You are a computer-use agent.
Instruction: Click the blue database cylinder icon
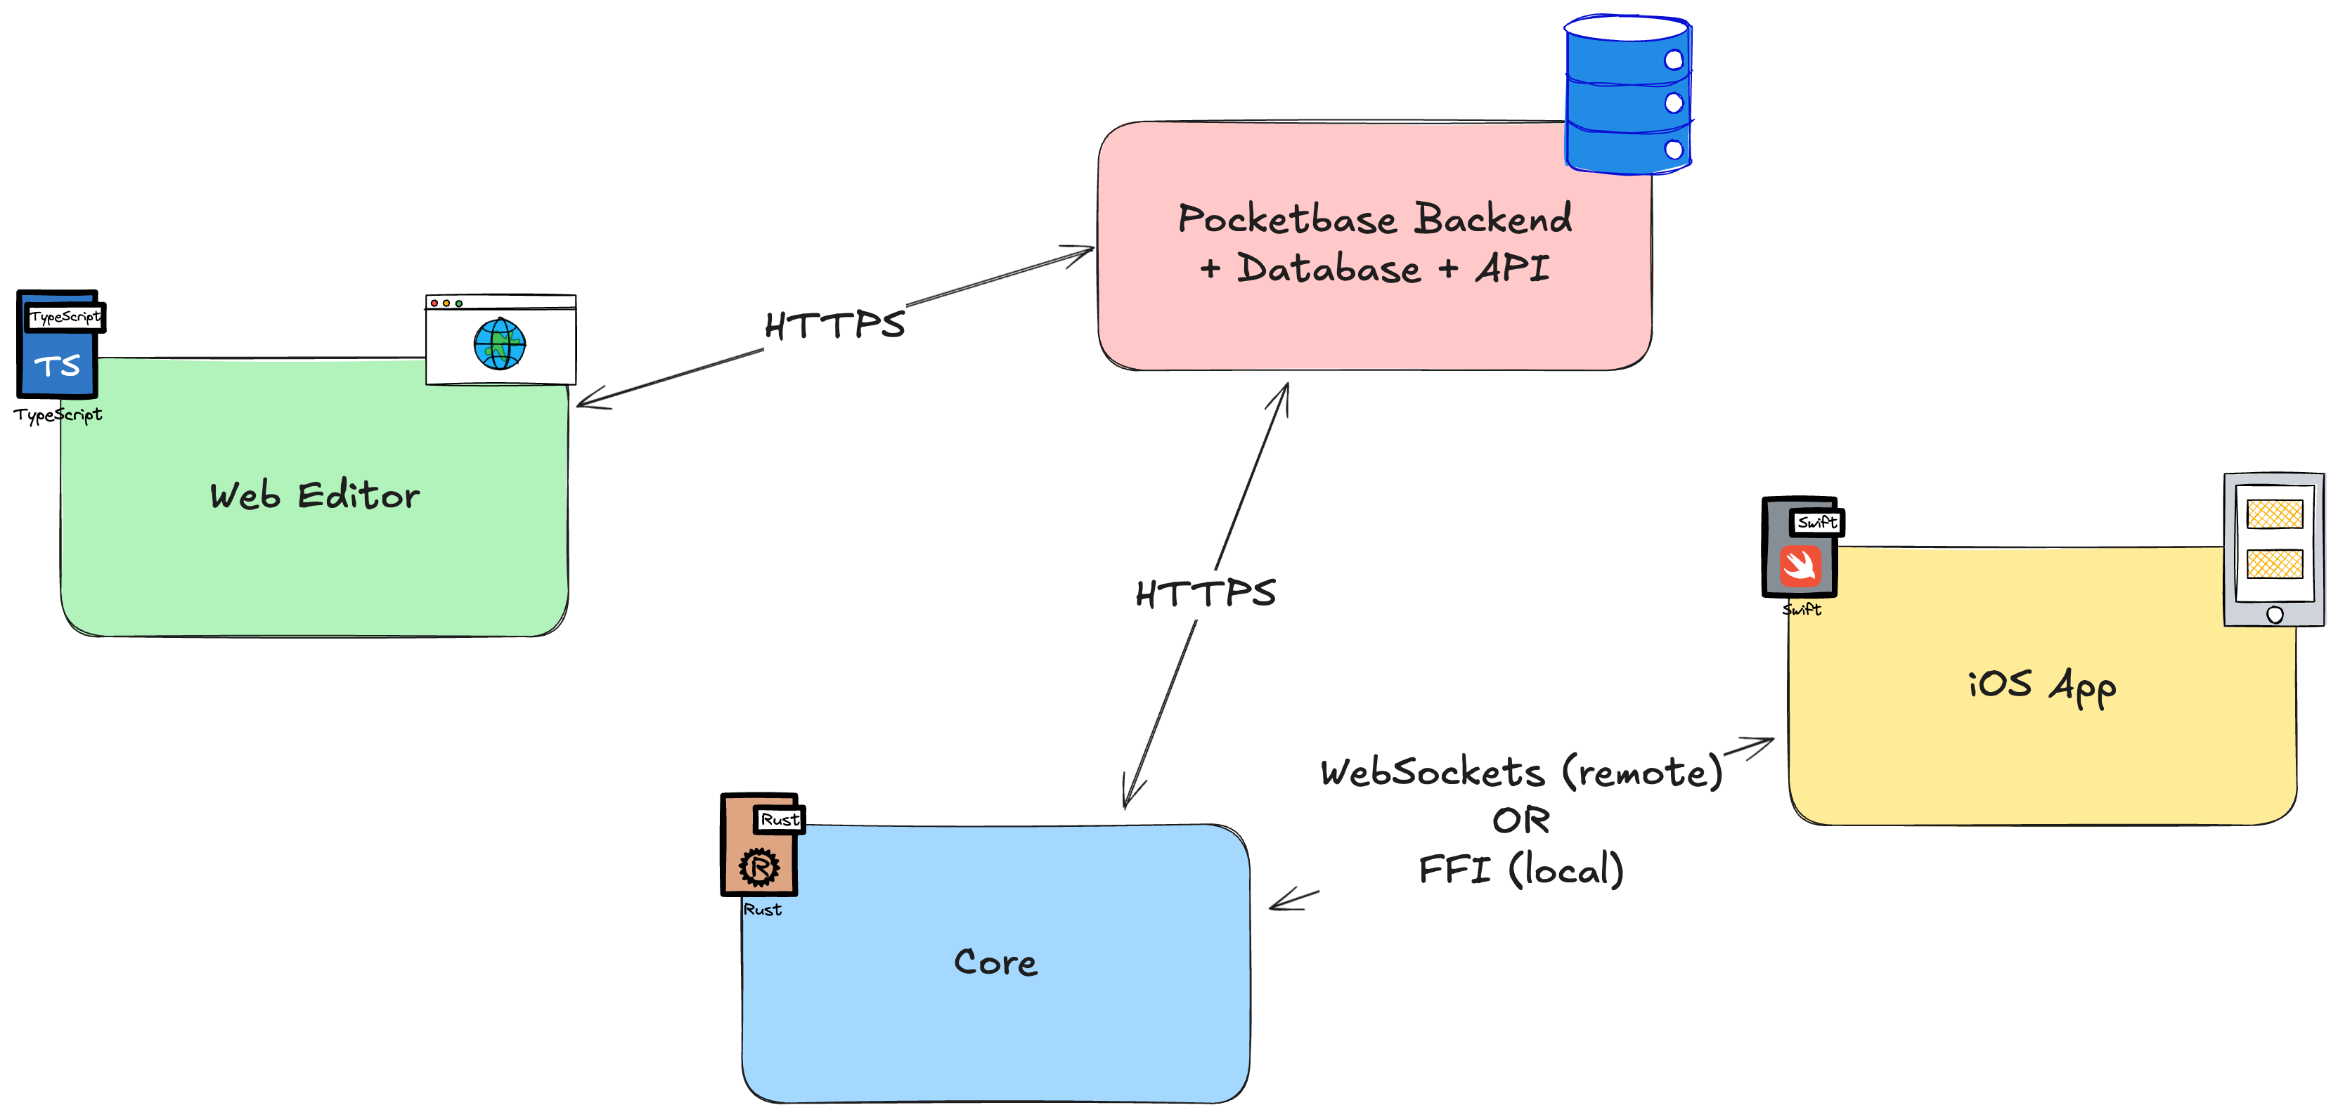tap(1627, 96)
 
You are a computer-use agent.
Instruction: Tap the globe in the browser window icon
tap(499, 344)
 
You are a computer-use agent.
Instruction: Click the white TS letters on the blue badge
tap(57, 366)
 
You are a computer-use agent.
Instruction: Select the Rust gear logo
tap(758, 867)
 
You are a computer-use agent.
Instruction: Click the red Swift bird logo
tap(1800, 566)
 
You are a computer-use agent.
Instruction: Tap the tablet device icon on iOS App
tap(2273, 549)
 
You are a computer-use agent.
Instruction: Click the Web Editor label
tap(314, 495)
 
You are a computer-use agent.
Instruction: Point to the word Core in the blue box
tap(995, 962)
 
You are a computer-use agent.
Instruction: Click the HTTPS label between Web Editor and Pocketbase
tap(834, 325)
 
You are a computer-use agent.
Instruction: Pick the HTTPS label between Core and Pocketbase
tap(1206, 594)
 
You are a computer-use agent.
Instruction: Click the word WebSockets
tap(1432, 772)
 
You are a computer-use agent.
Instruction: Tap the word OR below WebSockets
tap(1521, 821)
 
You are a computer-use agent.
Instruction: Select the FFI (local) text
tap(1521, 869)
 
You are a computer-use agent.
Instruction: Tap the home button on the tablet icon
tap(2275, 614)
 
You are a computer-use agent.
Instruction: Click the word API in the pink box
tap(1513, 268)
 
